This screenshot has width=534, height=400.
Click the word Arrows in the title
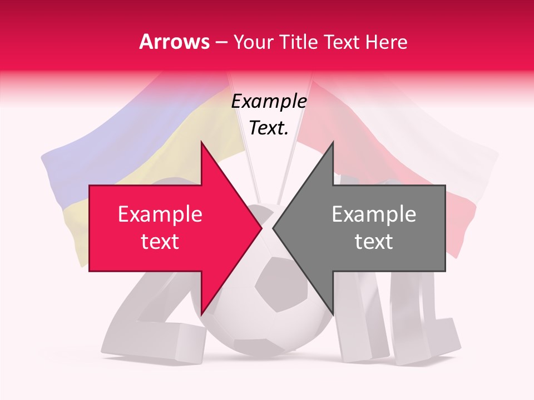coord(174,42)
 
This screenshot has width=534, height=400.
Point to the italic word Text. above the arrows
coord(269,128)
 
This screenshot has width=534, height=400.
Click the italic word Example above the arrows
coord(269,102)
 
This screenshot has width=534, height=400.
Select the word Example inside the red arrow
coord(160,214)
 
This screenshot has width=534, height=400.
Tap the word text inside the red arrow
coord(160,242)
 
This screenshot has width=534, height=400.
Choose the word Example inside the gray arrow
coord(374,214)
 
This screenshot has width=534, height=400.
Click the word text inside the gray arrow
coord(374,242)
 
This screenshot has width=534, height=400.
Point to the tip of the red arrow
coord(261,228)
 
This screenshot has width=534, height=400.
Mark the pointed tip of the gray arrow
coord(274,228)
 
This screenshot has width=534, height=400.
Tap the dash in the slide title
coord(220,42)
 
